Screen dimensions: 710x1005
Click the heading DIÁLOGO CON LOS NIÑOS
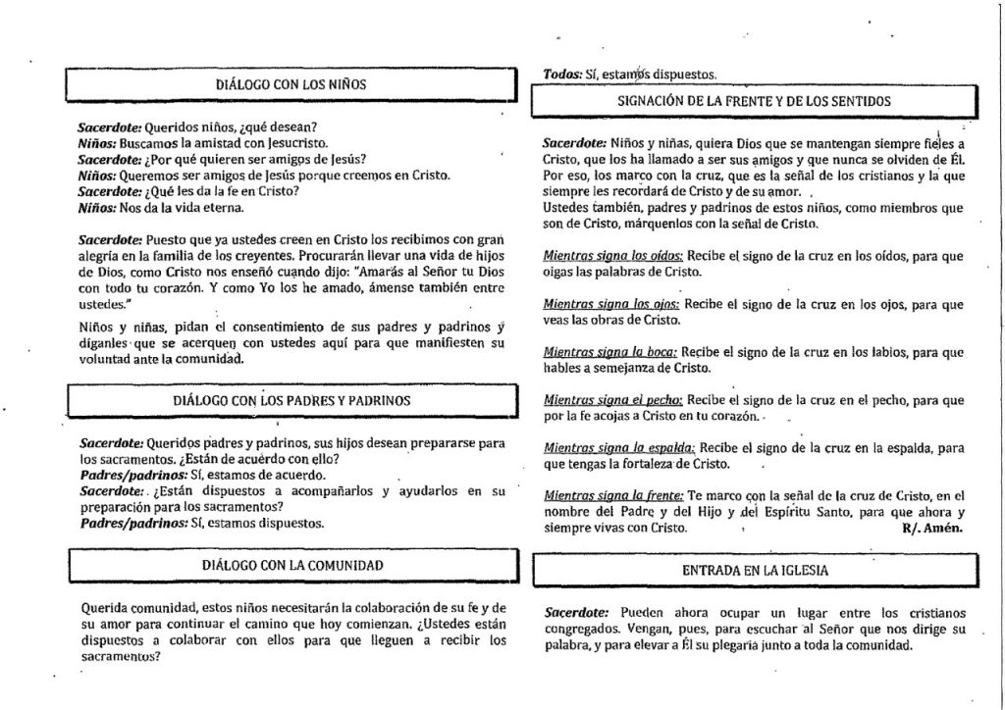291,84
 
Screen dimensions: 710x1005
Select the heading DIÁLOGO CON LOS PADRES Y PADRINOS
291,400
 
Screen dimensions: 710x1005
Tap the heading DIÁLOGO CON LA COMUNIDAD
291,565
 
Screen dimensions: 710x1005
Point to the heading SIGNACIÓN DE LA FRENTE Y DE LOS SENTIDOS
755,100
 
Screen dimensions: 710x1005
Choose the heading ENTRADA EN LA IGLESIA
755,569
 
